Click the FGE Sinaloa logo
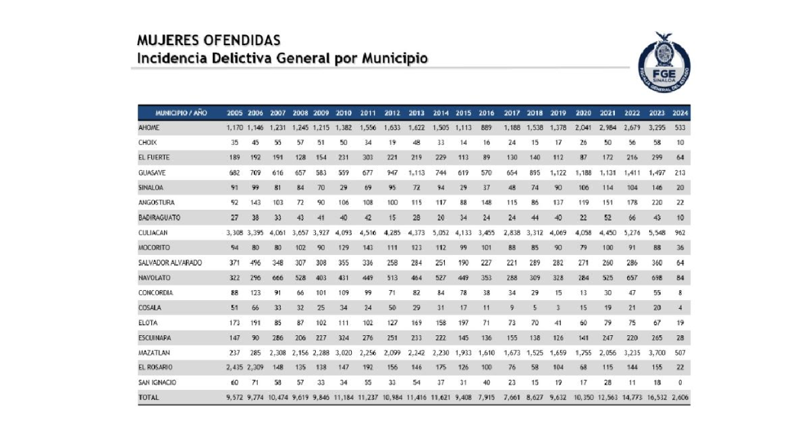point(664,61)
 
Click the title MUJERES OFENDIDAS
point(209,41)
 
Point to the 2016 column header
point(486,113)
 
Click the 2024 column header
point(680,113)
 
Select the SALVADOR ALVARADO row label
point(171,262)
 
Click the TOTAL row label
point(149,397)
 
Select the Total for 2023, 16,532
point(655,397)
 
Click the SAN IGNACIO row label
point(157,382)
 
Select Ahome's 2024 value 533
point(680,127)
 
